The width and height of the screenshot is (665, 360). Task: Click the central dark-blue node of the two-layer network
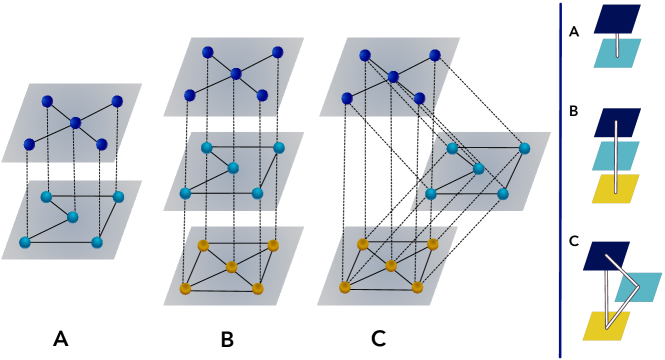tap(75, 123)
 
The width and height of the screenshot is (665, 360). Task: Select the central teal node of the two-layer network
tap(72, 216)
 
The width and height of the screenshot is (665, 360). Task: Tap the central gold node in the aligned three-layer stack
tap(231, 267)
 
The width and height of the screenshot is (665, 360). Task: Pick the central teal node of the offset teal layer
tap(479, 168)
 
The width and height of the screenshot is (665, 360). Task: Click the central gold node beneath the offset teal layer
tap(391, 266)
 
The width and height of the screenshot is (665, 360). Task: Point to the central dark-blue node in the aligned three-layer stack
tap(236, 73)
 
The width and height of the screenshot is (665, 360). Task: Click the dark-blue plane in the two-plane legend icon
tap(618, 17)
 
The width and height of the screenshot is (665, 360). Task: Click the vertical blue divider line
tap(560, 180)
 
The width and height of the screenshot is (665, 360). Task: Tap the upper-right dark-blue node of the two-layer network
tap(117, 101)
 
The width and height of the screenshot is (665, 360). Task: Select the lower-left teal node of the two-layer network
tap(25, 242)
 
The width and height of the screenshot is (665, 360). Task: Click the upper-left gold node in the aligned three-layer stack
tap(203, 245)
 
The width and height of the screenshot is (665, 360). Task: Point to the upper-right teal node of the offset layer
tap(524, 148)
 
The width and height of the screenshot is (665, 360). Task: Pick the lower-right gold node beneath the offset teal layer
tap(417, 287)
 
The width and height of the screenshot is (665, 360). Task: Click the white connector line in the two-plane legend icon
tap(617, 45)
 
